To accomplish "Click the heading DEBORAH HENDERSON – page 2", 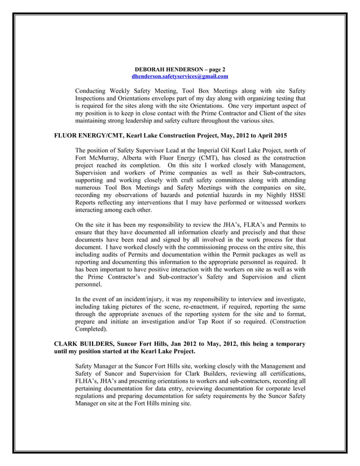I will pyautogui.click(x=180, y=69).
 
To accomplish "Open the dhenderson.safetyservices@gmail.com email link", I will pyautogui.click(x=179, y=76).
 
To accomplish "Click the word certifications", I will pyautogui.click(x=284, y=373).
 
